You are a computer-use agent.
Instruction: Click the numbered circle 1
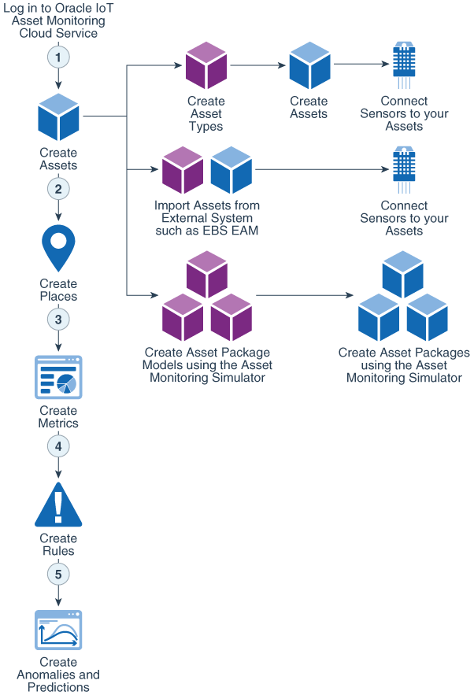click(x=58, y=57)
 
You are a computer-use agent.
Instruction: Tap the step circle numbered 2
click(x=58, y=189)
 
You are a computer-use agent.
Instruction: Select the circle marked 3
click(x=58, y=319)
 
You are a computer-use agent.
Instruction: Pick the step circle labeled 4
click(x=58, y=446)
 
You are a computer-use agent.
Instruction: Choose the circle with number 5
click(x=58, y=574)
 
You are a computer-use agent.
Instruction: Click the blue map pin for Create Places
click(x=58, y=246)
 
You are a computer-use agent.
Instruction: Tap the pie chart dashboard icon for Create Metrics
click(x=58, y=377)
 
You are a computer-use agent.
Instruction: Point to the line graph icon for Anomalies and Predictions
click(x=58, y=630)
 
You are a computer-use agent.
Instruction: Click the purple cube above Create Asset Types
click(x=206, y=65)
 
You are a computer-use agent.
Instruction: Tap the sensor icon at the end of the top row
click(x=404, y=65)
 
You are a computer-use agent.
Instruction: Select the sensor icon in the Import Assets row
click(x=404, y=169)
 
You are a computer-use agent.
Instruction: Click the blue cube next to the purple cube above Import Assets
click(x=231, y=170)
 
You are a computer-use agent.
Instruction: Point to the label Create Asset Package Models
click(x=207, y=353)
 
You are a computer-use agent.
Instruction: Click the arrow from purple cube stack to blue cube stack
click(x=304, y=296)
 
